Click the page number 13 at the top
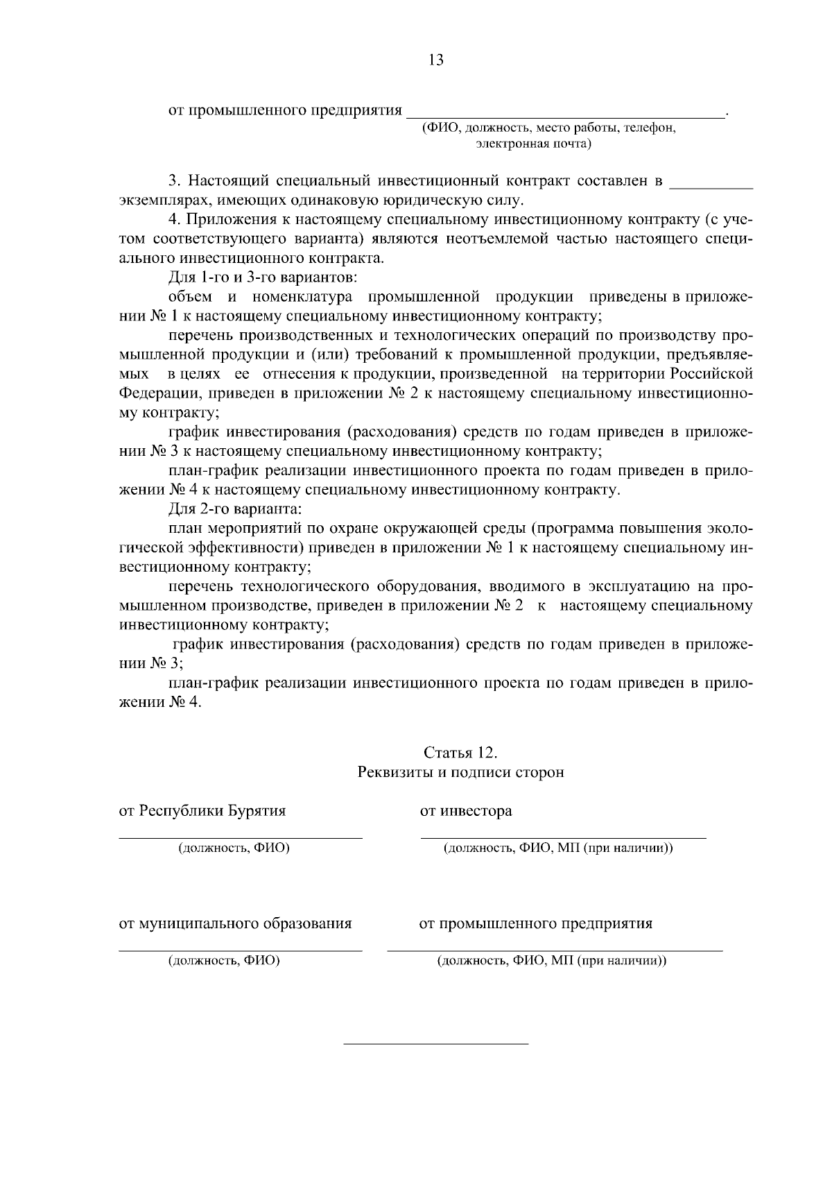[436, 60]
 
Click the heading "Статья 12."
[460, 753]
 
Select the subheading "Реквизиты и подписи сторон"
[460, 772]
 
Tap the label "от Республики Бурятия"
[202, 810]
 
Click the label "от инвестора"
[466, 810]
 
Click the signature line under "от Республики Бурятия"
[240, 838]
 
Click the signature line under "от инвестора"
[563, 838]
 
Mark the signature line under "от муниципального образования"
[240, 950]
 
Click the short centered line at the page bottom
[436, 1043]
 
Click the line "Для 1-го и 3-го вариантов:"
[263, 278]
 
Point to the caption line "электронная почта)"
[533, 144]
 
